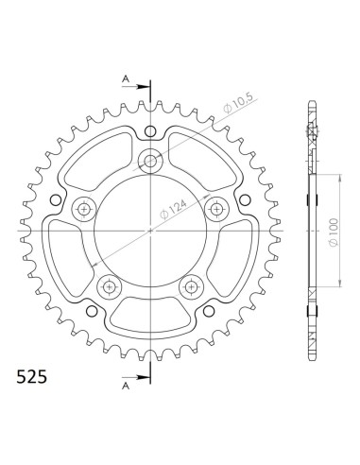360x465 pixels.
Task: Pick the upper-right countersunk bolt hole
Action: [217, 208]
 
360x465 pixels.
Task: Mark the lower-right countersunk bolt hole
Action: [192, 285]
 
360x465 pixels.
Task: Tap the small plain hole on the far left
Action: [56, 199]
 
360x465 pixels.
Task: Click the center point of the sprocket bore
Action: [151, 230]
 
